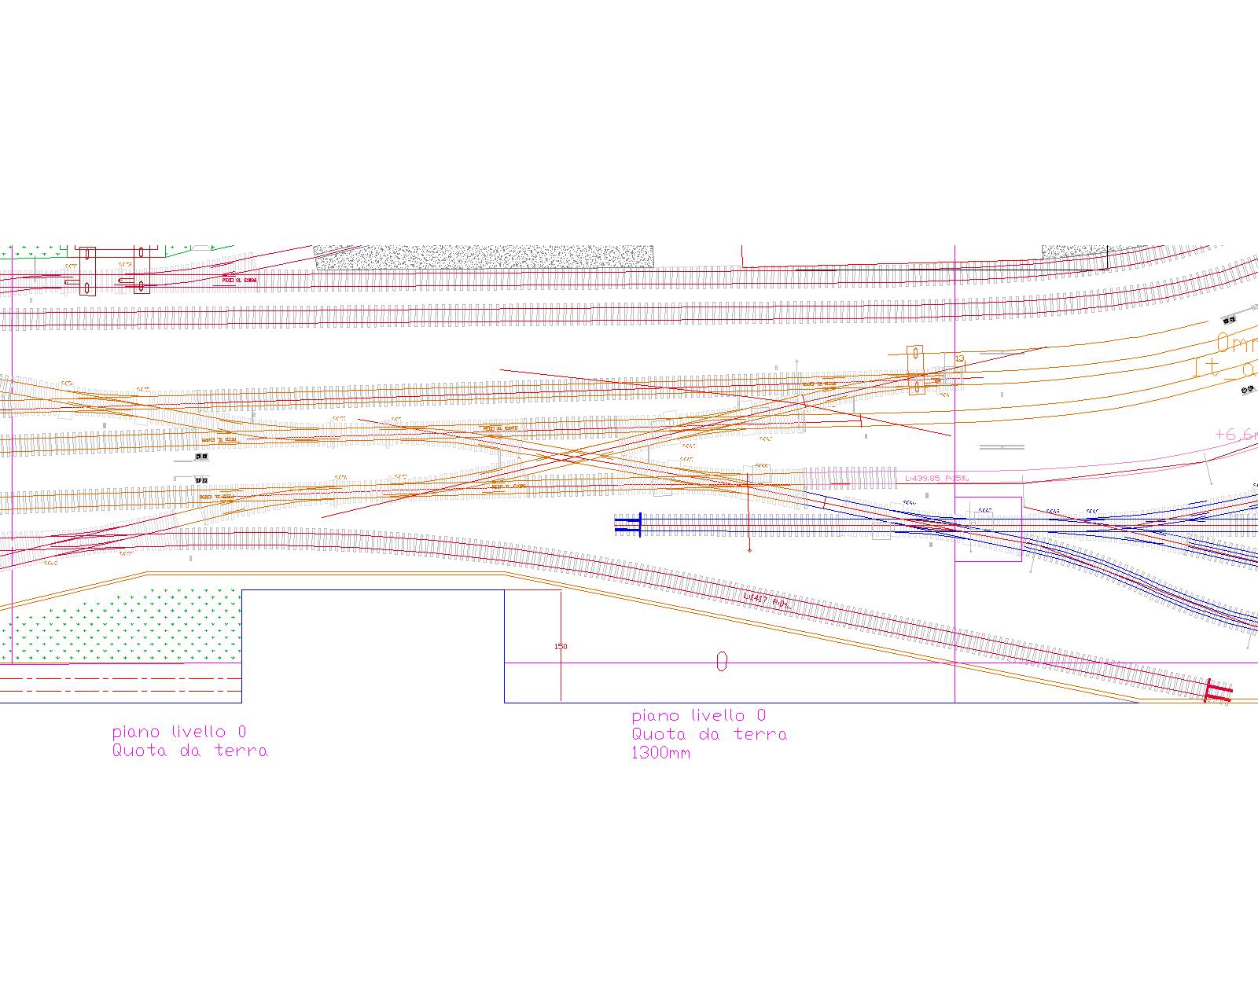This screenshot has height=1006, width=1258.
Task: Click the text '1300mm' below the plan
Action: point(661,753)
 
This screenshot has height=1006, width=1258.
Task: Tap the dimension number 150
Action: point(561,646)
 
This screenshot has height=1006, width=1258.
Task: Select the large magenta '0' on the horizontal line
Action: point(722,663)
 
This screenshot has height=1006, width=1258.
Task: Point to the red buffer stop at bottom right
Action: point(1218,691)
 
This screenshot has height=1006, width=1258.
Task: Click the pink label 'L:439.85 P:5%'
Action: point(936,477)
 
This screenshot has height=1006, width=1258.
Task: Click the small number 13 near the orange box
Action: point(959,359)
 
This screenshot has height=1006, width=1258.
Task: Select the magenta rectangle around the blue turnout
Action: point(988,529)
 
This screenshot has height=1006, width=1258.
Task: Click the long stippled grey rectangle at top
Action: point(484,257)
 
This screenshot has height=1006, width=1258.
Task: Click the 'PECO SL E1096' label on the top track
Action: point(239,280)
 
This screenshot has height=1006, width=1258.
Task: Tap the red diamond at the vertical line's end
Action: point(749,550)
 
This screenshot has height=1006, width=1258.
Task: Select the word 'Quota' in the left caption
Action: point(140,751)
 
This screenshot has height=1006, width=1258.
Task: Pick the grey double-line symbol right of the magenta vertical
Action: point(1002,447)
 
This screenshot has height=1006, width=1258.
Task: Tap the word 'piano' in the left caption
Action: point(137,732)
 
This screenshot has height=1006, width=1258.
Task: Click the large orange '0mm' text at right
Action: point(1237,343)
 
